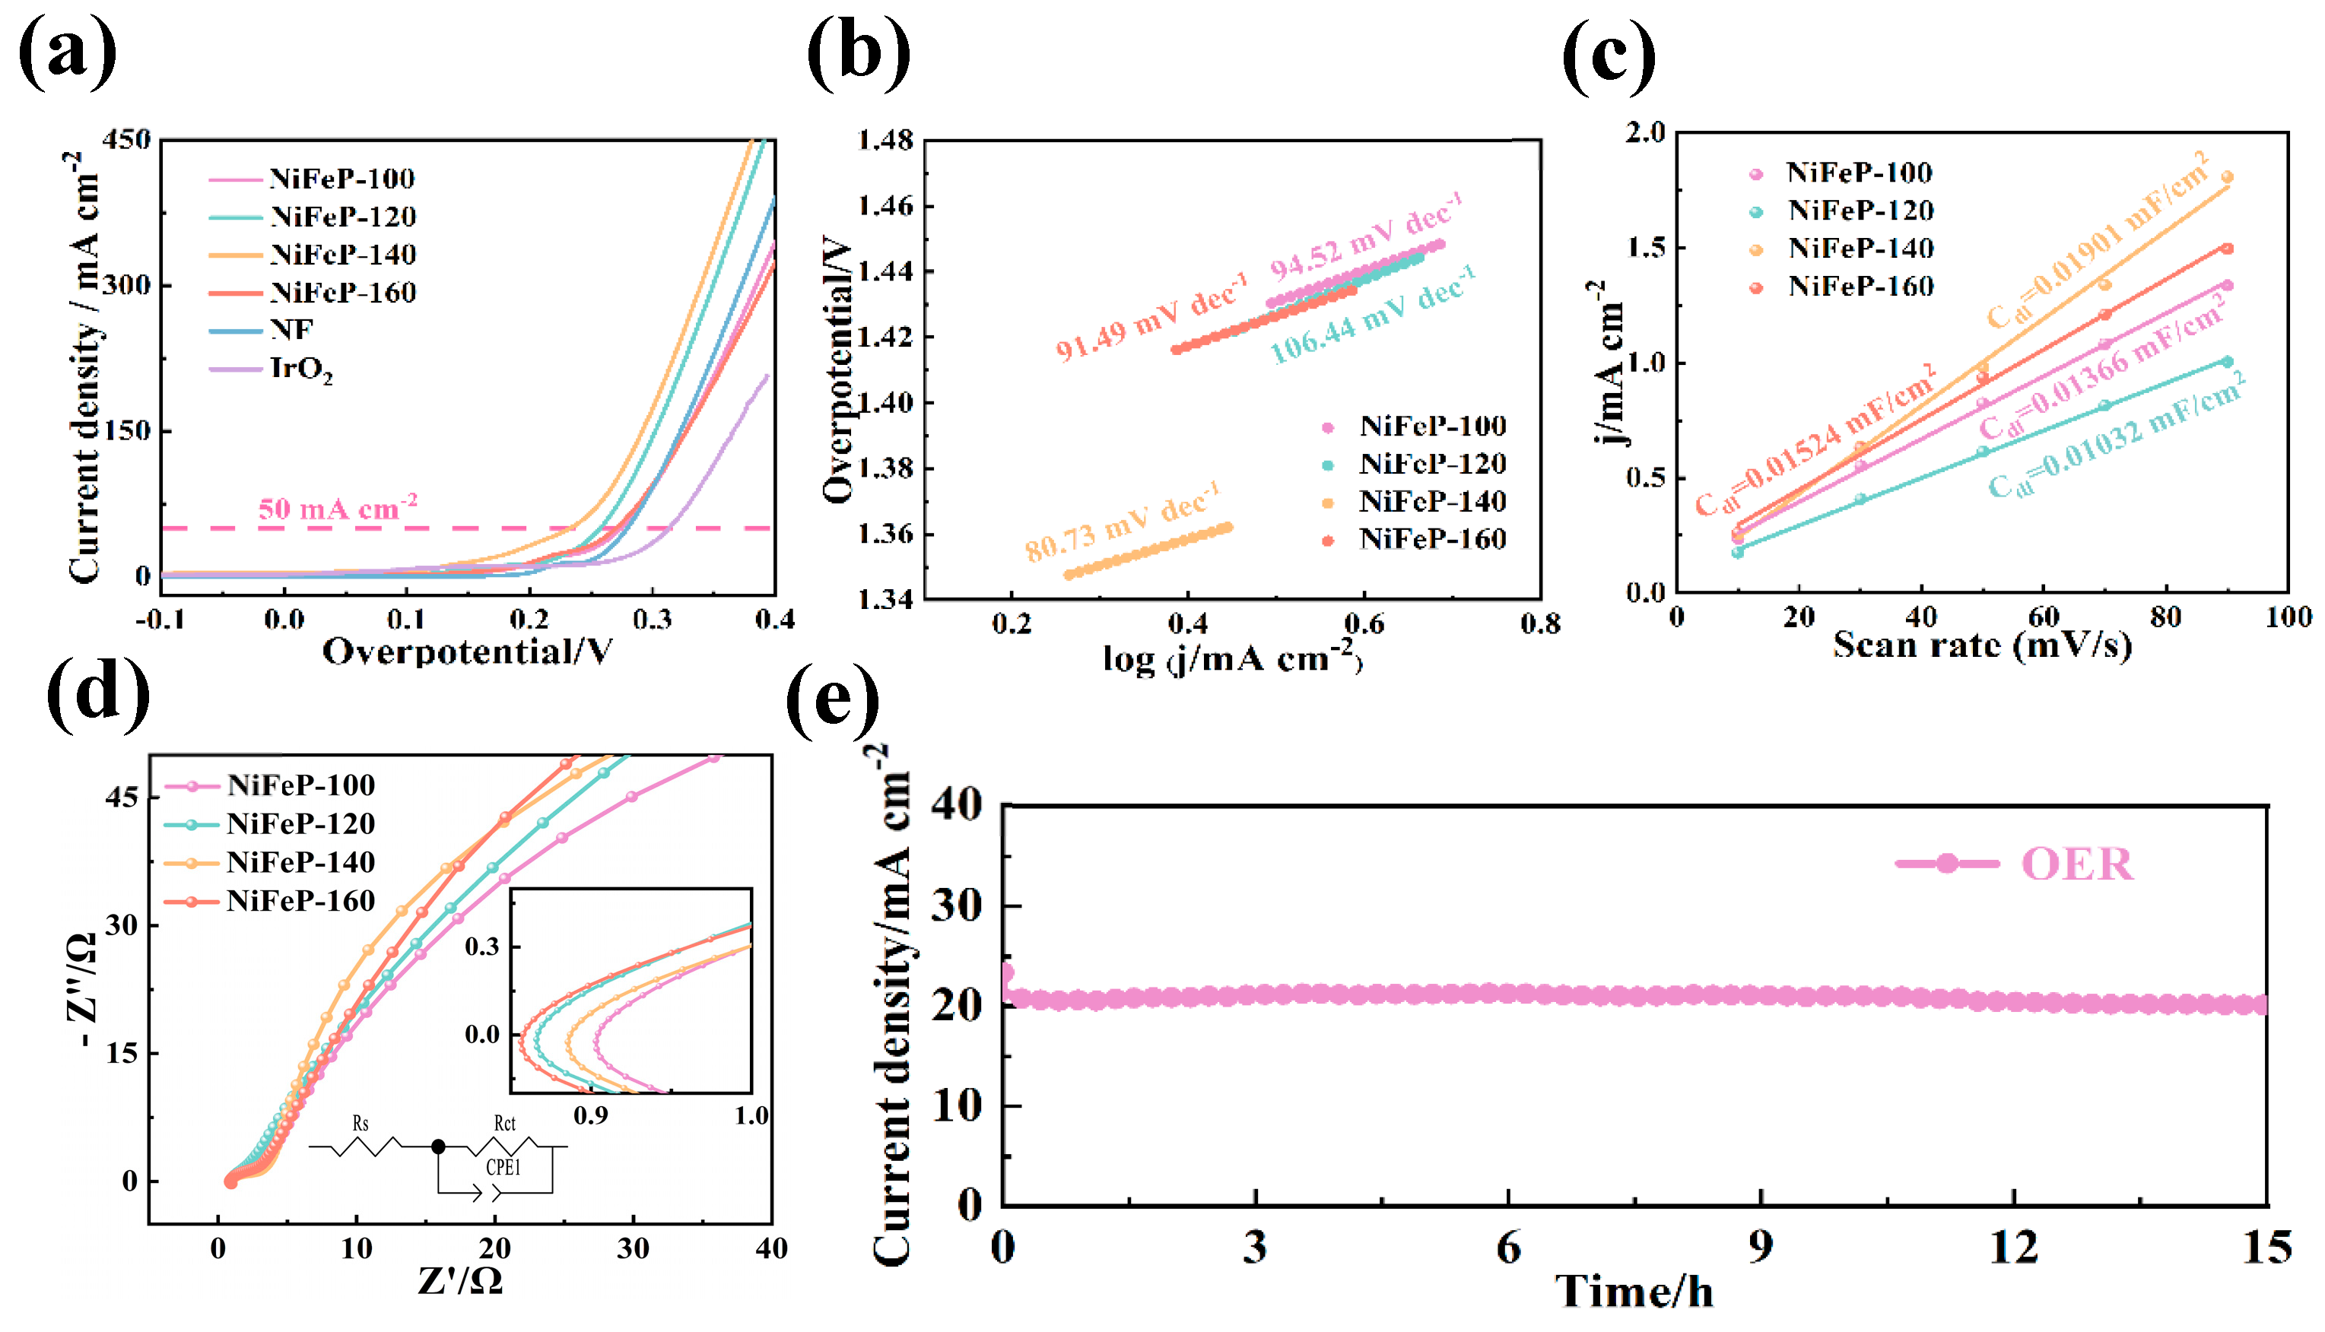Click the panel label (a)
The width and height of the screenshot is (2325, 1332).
(68, 52)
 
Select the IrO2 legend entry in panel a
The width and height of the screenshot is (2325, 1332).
(300, 369)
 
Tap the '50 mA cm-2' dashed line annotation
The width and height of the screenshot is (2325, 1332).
(338, 509)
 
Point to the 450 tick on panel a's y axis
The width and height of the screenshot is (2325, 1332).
(126, 140)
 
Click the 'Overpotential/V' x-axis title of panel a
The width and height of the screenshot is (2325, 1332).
(467, 652)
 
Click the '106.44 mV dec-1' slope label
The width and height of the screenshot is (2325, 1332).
(1373, 316)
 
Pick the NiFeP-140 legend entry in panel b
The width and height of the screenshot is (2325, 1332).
(1432, 501)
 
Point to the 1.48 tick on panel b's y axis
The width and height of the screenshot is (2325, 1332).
(886, 140)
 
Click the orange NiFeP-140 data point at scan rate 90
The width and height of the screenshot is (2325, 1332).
(2227, 177)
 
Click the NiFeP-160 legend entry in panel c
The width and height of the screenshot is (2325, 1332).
(1860, 287)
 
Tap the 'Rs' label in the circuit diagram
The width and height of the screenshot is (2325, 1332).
(361, 1124)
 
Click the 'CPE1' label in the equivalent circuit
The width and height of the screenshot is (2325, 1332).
(503, 1167)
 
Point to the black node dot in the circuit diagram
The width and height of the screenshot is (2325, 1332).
(438, 1146)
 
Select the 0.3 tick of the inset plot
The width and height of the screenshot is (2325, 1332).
(482, 946)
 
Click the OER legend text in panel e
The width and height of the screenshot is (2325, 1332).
(2076, 864)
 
